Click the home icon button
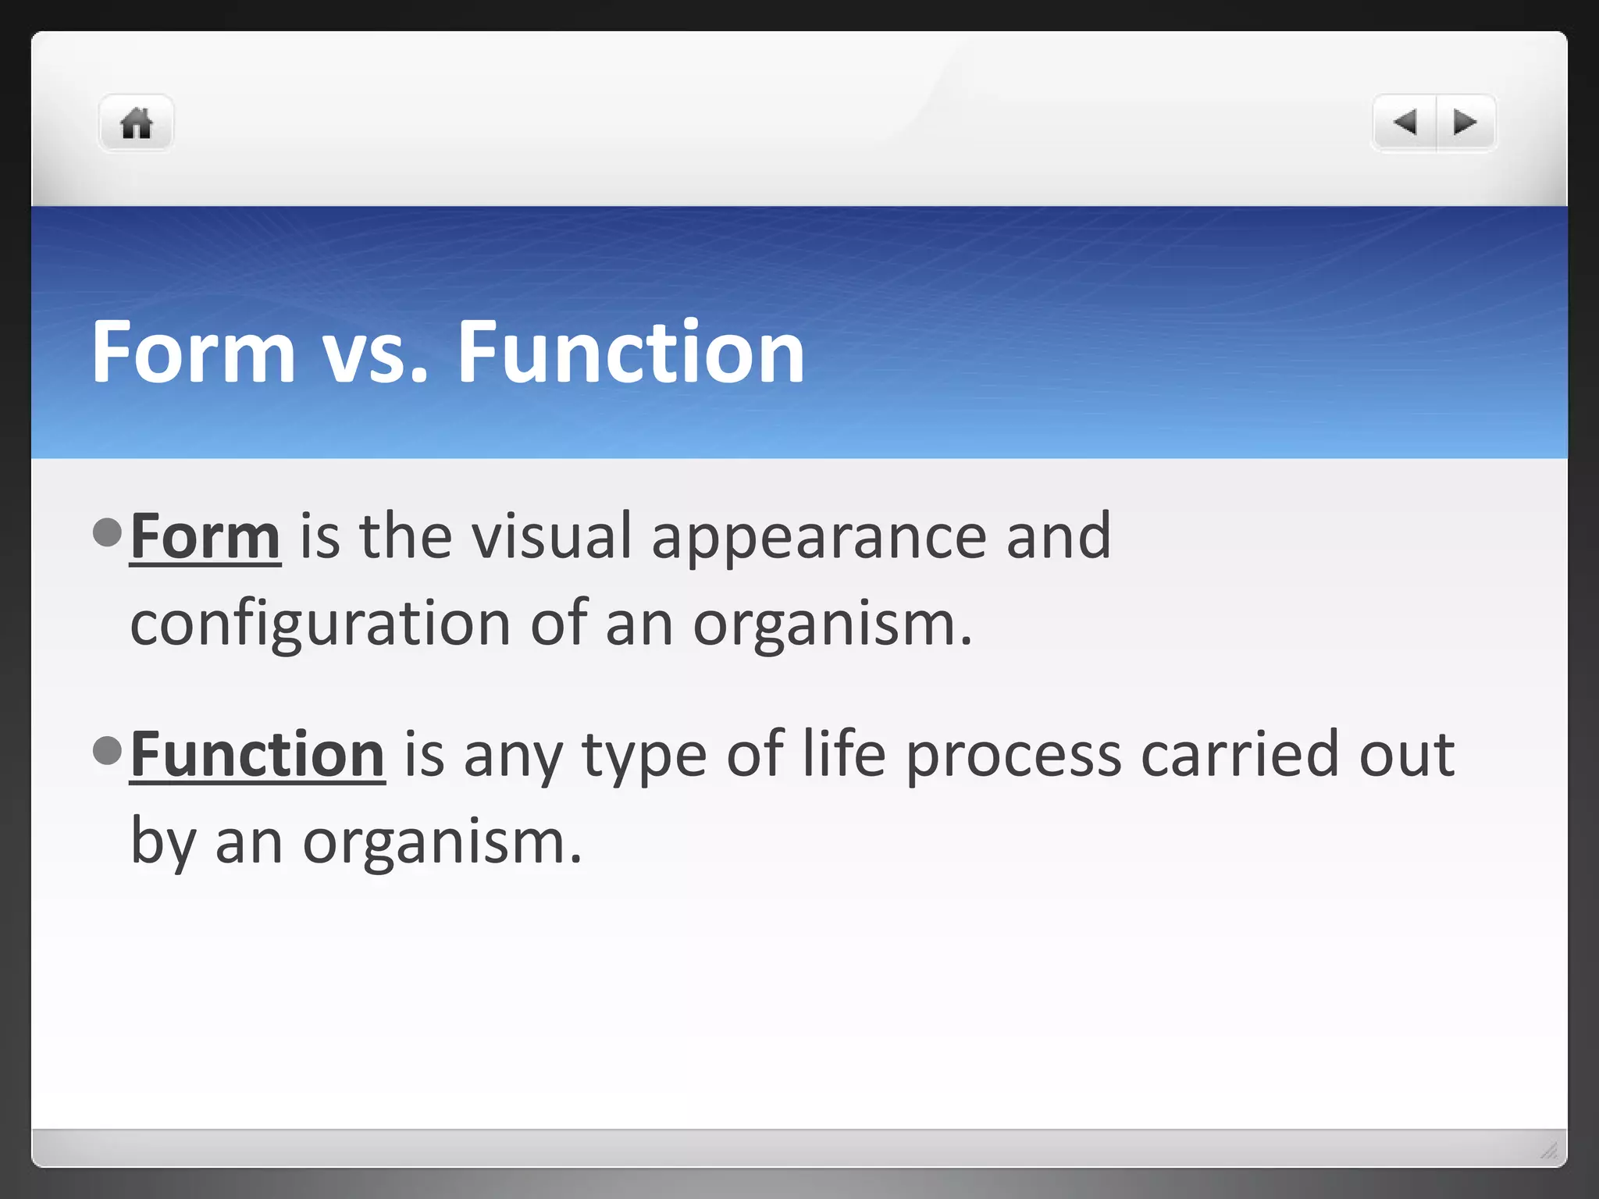coord(136,123)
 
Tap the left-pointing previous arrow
coord(1405,123)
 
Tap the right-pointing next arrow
coord(1465,123)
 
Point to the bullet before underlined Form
coord(107,532)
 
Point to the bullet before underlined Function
coord(107,750)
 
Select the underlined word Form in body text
coord(205,536)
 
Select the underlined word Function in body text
coord(257,754)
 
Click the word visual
coord(551,536)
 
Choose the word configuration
coord(320,624)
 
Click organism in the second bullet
coord(441,843)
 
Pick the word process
coord(1013,756)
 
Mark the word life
coord(844,754)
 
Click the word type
coord(644,756)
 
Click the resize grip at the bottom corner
coord(1549,1150)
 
